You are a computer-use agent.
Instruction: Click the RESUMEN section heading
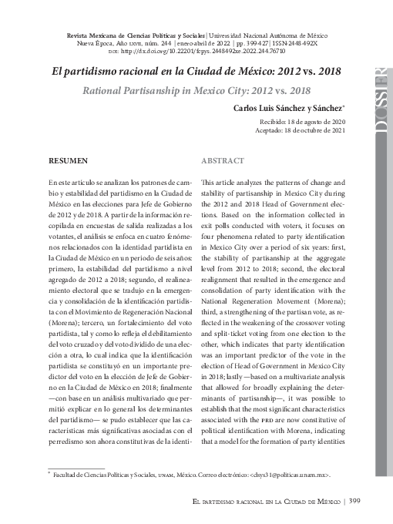67,161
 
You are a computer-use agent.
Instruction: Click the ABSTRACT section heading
223,161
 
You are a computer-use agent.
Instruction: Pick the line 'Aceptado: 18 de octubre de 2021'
301,131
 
